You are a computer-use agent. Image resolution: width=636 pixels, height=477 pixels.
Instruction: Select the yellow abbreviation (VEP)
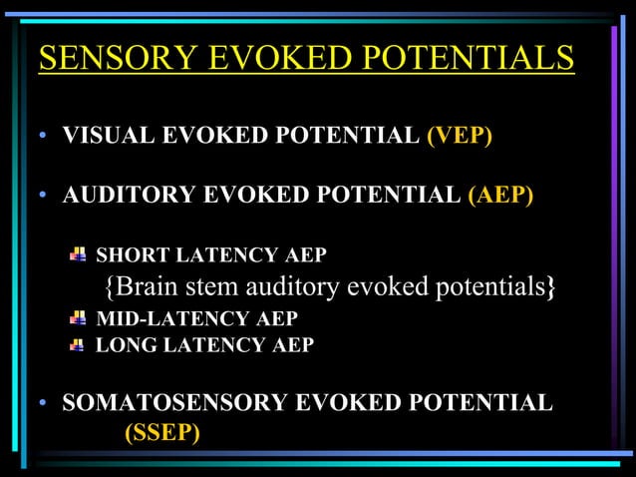[x=460, y=135]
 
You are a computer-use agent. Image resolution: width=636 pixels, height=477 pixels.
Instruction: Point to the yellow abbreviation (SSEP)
[x=161, y=433]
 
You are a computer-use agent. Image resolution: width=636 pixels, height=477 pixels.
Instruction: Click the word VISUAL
[x=103, y=135]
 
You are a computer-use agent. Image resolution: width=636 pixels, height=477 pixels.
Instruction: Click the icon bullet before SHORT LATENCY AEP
[x=78, y=255]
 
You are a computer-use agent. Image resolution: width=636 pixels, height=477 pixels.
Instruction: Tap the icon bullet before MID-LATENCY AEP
[x=78, y=318]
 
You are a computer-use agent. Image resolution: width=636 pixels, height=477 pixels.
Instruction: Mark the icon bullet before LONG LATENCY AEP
[x=78, y=345]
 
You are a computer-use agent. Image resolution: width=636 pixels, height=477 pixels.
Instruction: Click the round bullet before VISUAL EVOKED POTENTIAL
[x=44, y=137]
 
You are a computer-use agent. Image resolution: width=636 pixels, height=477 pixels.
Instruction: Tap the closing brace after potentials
[x=551, y=287]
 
